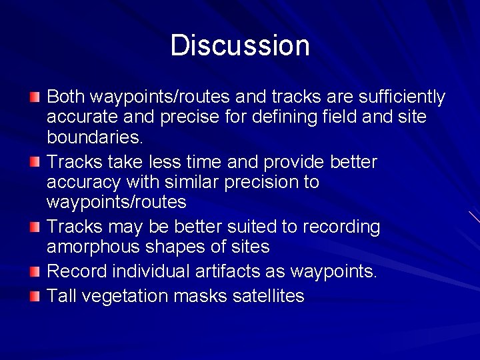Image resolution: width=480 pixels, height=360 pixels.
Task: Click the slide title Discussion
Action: click(x=240, y=46)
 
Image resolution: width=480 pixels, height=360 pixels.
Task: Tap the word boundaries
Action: click(x=94, y=138)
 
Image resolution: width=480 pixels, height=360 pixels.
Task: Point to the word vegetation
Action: click(x=125, y=296)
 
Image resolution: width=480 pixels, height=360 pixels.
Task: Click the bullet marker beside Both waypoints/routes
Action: click(x=35, y=98)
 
